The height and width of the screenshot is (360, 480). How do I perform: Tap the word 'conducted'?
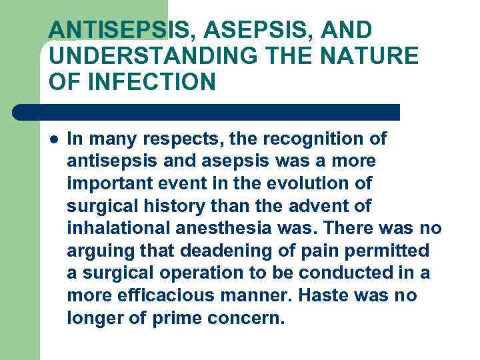[x=343, y=274]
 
